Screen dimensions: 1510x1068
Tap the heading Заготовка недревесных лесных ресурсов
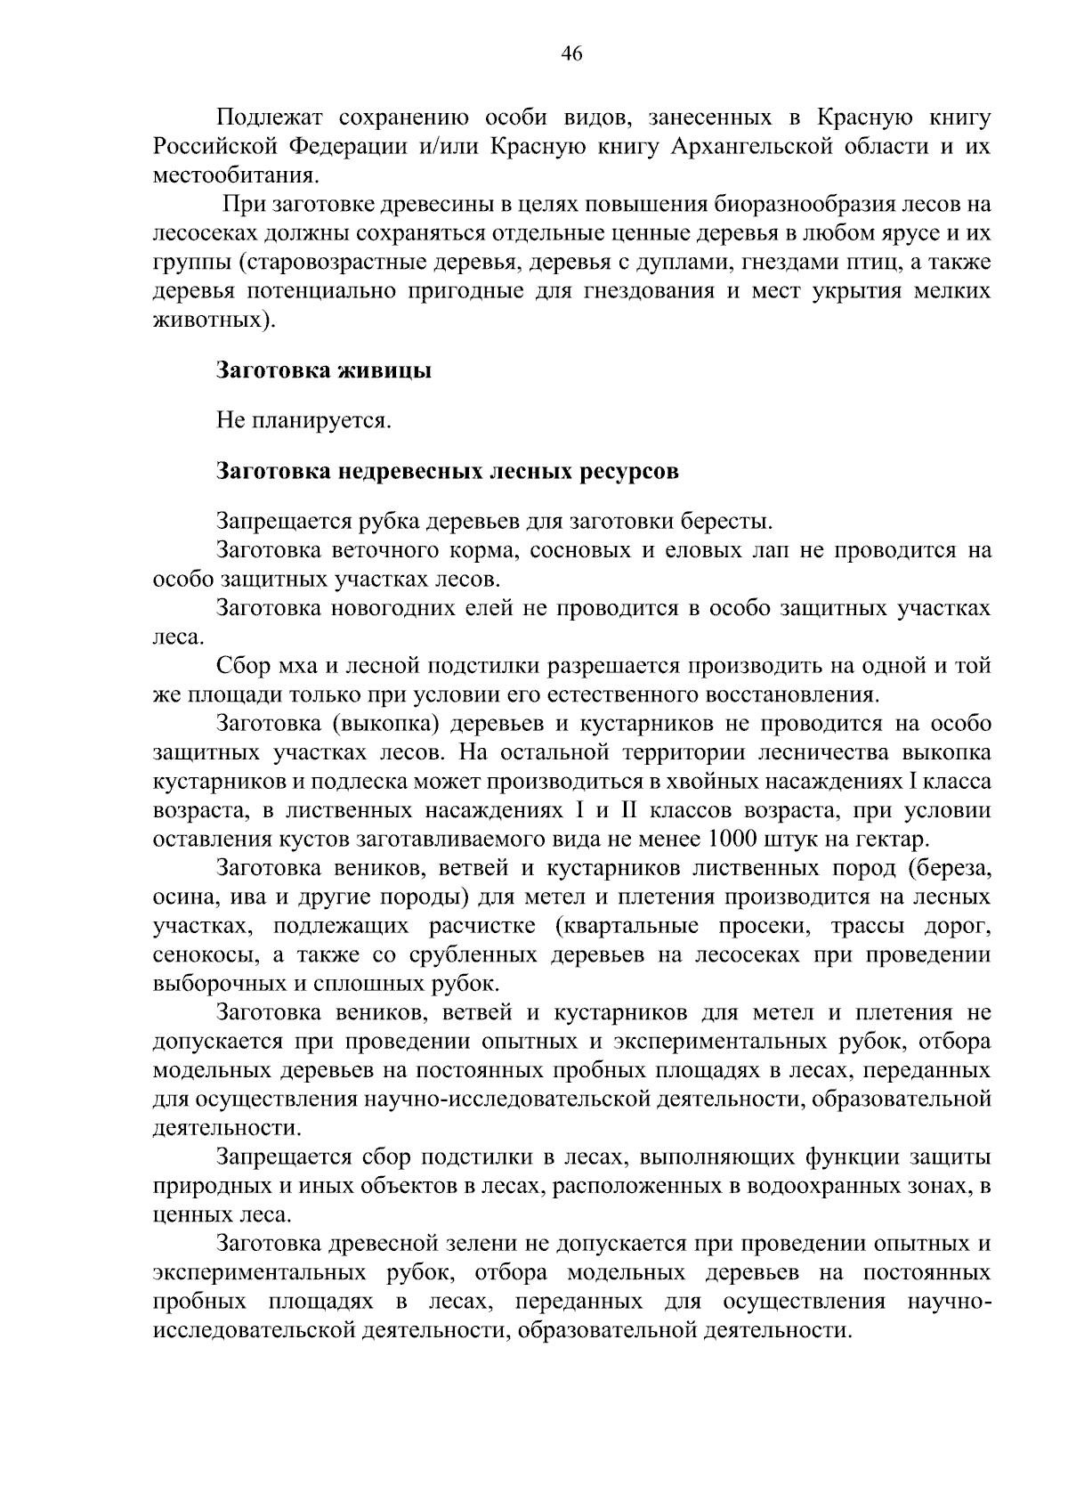tap(448, 471)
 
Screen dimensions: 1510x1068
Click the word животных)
tap(210, 320)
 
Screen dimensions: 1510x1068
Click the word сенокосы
tap(202, 954)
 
